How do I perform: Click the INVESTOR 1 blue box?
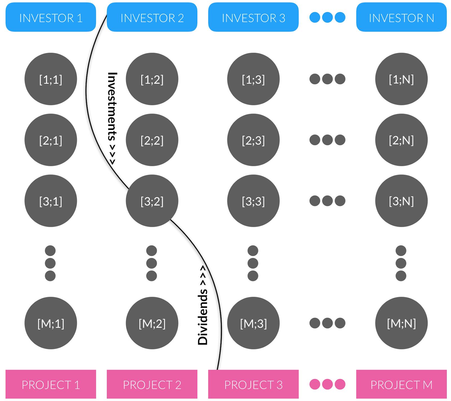[51, 17]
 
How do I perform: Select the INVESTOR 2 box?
[152, 17]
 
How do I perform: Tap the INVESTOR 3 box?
[253, 17]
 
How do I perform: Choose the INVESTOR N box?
[401, 17]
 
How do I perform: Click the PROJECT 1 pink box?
[51, 384]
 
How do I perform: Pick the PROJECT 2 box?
[152, 384]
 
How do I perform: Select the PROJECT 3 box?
[253, 384]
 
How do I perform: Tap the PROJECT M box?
[401, 384]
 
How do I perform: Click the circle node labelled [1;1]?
[51, 79]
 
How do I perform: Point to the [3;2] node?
[152, 201]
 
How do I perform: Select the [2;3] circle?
[253, 140]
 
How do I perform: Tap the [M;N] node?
[401, 323]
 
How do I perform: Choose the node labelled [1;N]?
[401, 79]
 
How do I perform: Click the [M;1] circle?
[51, 323]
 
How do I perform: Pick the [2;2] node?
[152, 140]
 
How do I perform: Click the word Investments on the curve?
[112, 107]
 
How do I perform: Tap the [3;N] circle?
[401, 201]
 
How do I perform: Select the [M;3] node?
[253, 323]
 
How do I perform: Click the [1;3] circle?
[253, 79]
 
